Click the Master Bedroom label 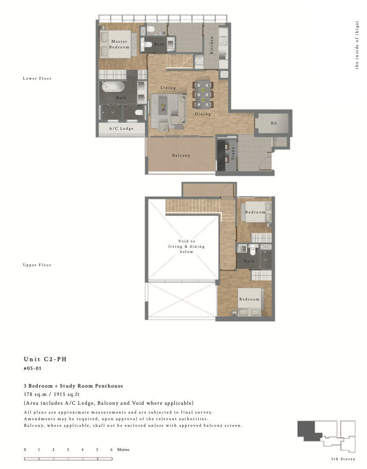(119, 44)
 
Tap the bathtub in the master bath (113, 87)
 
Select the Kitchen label (212, 45)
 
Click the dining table (203, 94)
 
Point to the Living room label (168, 88)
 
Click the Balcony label (181, 155)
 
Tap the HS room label (274, 123)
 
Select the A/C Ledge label (121, 128)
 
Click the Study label (233, 153)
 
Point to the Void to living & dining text (186, 246)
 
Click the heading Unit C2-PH (45, 359)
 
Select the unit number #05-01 (33, 368)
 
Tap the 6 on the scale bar (111, 449)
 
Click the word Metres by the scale (123, 449)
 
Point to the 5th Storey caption (343, 459)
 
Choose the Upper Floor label (37, 265)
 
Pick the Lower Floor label (37, 78)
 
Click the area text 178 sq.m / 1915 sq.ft (52, 394)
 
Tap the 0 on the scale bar (25, 449)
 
